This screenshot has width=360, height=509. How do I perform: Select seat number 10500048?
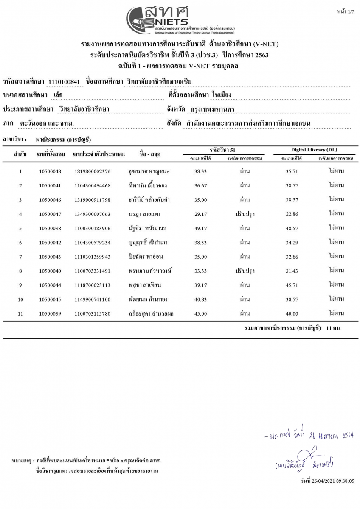coord(50,171)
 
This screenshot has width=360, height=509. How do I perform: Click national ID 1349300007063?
coord(92,214)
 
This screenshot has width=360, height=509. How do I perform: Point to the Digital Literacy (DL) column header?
coord(314,150)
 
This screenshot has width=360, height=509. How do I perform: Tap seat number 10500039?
coord(50,314)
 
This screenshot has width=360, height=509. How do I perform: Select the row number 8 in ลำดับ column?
coord(20,271)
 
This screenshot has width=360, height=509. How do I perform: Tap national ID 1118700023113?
coord(92,285)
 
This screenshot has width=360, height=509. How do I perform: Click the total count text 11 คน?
coord(333,328)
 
